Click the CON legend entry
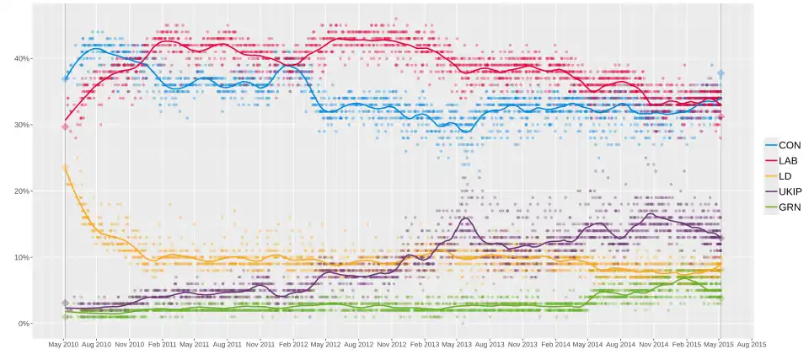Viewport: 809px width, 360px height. click(783, 146)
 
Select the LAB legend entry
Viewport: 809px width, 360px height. click(783, 161)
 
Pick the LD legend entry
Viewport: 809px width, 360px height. click(783, 176)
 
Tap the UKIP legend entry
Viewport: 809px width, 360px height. click(783, 191)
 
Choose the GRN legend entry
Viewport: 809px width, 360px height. click(783, 207)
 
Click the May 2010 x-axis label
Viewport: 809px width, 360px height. click(64, 345)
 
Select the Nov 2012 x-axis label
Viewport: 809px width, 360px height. click(392, 345)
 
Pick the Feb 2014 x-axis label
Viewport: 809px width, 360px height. click(555, 345)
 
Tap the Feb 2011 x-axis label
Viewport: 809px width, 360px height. click(163, 345)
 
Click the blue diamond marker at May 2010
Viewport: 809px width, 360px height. click(65, 78)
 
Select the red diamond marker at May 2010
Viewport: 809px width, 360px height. click(65, 127)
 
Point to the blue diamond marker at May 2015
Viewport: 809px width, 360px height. click(721, 74)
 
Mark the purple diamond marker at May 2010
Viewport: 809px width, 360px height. click(65, 304)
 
